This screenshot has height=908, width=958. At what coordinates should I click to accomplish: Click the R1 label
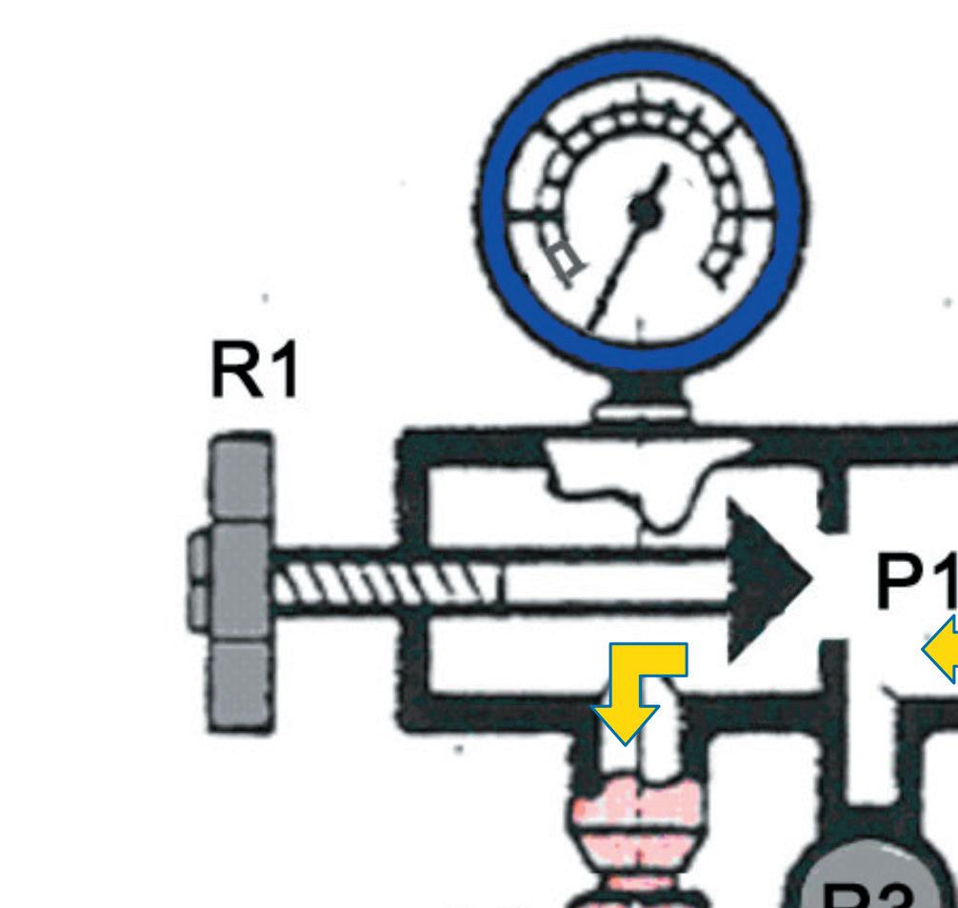click(x=254, y=371)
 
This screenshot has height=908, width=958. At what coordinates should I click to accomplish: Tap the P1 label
click(x=914, y=580)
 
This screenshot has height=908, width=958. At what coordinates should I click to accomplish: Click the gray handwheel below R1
click(x=238, y=581)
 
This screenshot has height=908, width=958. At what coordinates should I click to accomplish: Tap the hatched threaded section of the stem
click(x=381, y=580)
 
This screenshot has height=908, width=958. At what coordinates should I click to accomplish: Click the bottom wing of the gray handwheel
click(x=237, y=686)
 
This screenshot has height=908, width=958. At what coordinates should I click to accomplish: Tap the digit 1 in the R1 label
click(x=284, y=371)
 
